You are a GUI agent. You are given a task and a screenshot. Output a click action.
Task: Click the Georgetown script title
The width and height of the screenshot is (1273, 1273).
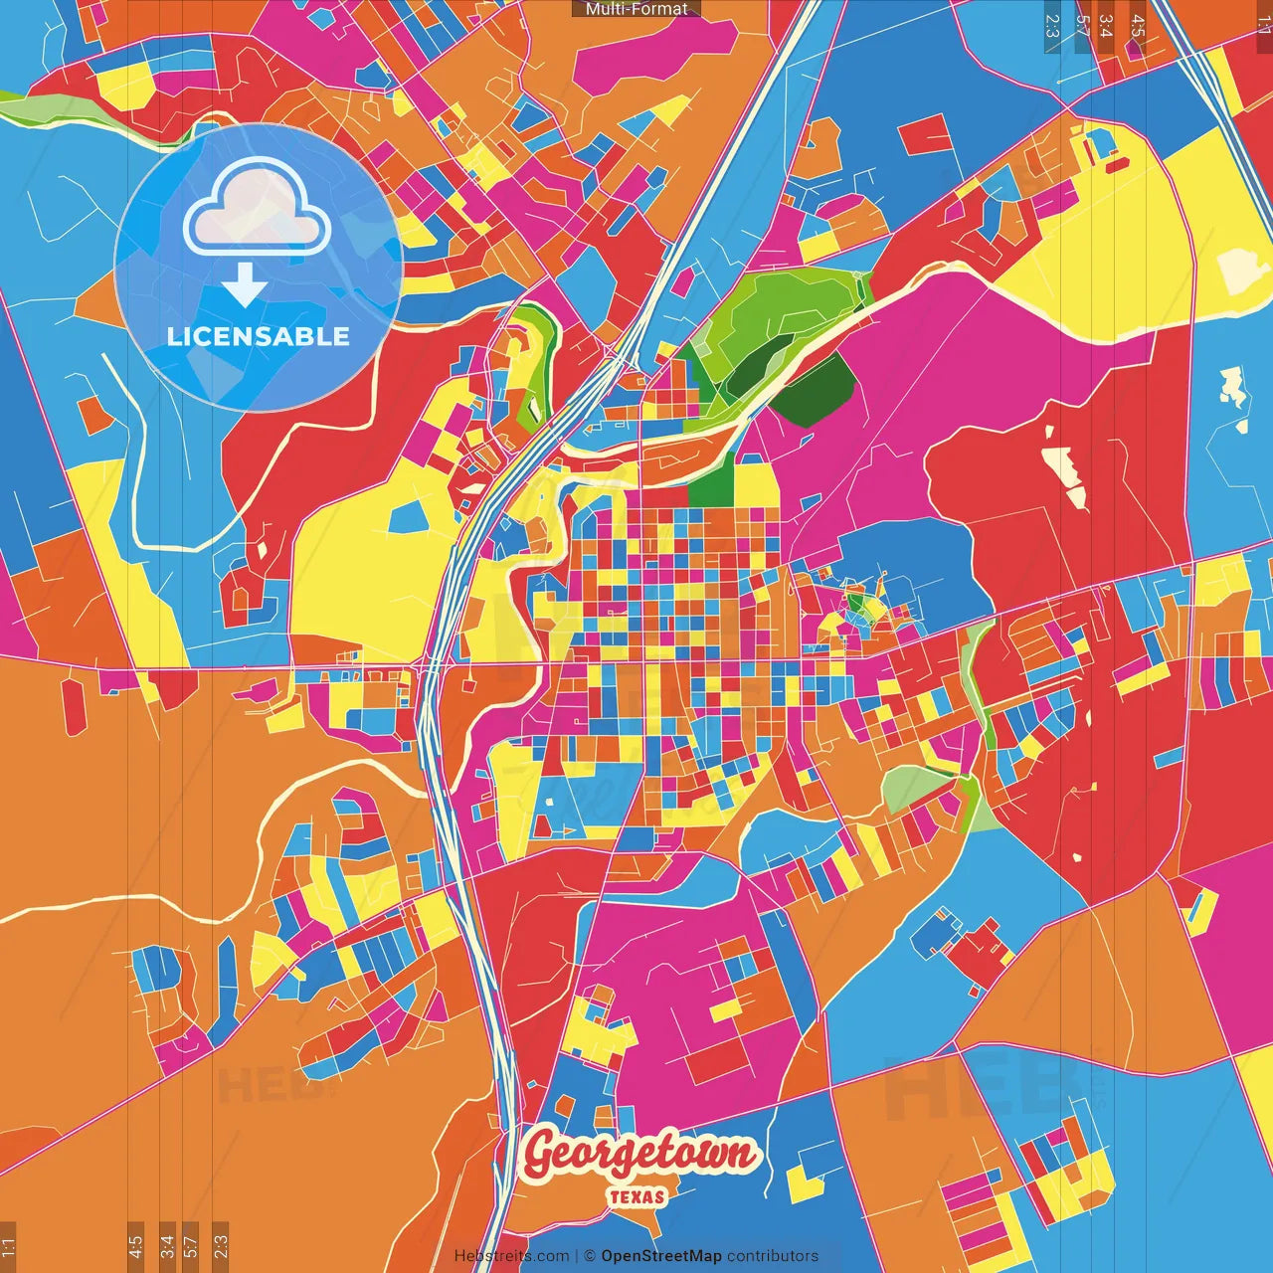click(x=639, y=1155)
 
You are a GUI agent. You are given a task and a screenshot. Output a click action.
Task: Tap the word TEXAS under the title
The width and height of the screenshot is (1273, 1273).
click(x=636, y=1196)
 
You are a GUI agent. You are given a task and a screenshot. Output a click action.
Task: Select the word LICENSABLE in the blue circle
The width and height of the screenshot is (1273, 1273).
click(x=259, y=336)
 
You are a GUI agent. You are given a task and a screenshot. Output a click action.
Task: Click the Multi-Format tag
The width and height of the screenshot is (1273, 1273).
click(x=636, y=9)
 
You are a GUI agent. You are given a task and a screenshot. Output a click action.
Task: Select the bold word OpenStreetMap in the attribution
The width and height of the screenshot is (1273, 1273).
click(x=660, y=1256)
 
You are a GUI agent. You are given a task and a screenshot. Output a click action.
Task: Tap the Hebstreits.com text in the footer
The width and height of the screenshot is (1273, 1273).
click(x=511, y=1256)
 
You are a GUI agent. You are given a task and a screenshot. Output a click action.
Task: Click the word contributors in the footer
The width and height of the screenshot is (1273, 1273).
click(x=772, y=1256)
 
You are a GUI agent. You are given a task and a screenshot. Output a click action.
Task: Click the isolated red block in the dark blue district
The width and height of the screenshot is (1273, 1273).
click(x=926, y=134)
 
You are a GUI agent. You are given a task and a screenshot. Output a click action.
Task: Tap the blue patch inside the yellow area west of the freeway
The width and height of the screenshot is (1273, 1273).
click(x=409, y=515)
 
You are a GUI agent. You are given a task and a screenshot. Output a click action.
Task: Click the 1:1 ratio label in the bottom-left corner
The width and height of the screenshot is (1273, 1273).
click(x=8, y=1246)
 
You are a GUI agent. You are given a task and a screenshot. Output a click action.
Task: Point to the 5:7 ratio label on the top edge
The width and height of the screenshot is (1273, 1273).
click(x=1082, y=25)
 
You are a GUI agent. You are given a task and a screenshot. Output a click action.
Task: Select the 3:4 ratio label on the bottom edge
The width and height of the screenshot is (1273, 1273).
click(x=167, y=1246)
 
